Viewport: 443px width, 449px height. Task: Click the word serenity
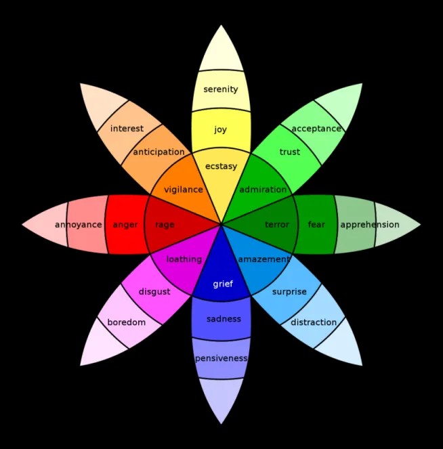[221, 89]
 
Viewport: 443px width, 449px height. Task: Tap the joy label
[221, 130]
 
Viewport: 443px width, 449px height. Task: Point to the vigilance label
[183, 190]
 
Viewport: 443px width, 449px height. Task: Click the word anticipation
[159, 152]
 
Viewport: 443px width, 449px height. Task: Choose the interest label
[127, 129]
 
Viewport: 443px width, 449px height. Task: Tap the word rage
[165, 225]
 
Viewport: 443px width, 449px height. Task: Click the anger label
[125, 225]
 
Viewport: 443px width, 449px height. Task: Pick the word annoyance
[79, 225]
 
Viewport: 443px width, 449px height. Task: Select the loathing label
[184, 259]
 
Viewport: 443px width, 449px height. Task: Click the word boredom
[127, 322]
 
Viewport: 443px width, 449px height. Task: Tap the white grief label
[223, 284]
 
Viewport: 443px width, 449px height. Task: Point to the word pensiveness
[221, 358]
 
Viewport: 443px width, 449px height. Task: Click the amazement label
[264, 259]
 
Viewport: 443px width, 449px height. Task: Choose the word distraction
[314, 322]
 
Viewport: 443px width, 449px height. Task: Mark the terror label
[277, 225]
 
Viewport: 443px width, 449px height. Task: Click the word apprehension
[370, 225]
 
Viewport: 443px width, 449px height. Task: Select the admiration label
[263, 190]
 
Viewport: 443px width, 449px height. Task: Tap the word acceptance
[316, 129]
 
